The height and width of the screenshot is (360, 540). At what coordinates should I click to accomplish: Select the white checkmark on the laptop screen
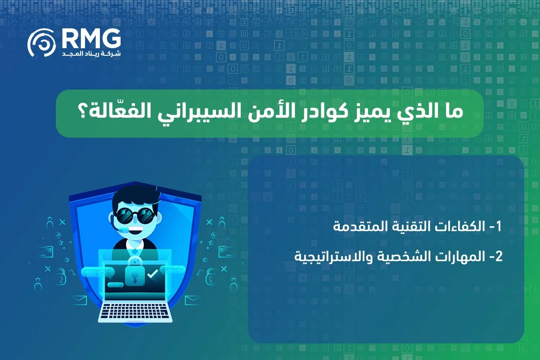(x=153, y=273)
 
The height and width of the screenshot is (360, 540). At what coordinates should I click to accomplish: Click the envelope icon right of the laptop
(x=191, y=299)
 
